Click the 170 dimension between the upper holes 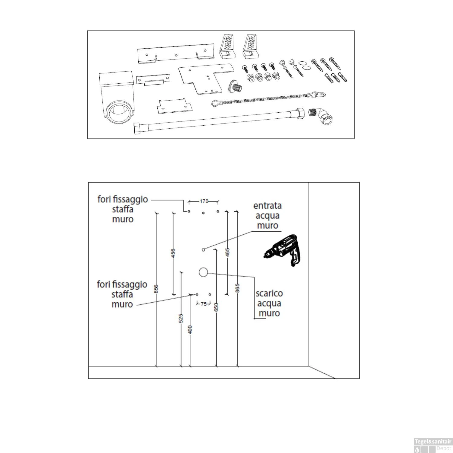[204, 201]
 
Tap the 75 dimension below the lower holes [204, 304]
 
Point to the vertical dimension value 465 [228, 252]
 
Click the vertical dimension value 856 [156, 289]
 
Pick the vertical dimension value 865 [237, 288]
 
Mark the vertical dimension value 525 [181, 318]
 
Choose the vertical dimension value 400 [190, 329]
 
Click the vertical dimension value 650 [216, 307]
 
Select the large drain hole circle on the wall [203, 272]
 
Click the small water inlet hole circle [203, 250]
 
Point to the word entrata [267, 206]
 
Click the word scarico [269, 294]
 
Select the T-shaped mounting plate [205, 79]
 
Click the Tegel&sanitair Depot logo [432, 445]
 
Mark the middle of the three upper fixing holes [203, 213]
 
